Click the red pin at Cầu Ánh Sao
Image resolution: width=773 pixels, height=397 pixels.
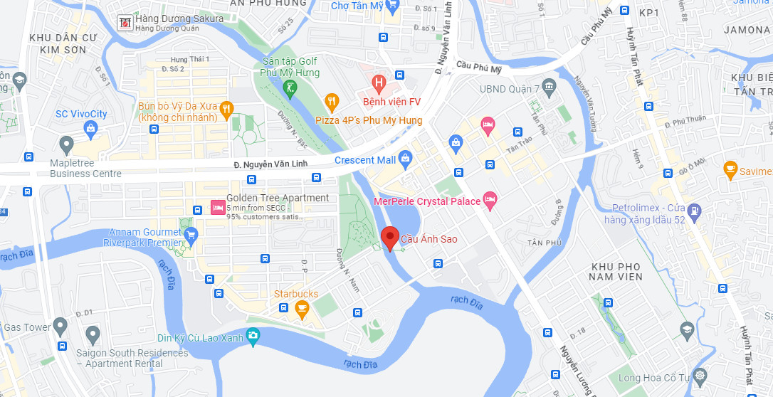tap(389, 237)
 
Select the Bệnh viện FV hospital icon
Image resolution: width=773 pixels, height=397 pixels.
tap(379, 85)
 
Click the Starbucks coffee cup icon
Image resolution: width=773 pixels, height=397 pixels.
tap(302, 307)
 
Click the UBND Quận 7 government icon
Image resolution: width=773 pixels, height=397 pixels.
tap(549, 88)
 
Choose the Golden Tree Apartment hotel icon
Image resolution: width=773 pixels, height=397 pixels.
tap(217, 208)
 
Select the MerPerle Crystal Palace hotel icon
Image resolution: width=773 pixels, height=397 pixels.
tap(490, 200)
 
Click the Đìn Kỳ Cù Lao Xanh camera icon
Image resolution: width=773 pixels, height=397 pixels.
tap(253, 335)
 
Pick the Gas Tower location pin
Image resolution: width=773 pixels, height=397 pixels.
tap(60, 327)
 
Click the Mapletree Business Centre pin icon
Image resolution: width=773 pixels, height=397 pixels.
tap(67, 145)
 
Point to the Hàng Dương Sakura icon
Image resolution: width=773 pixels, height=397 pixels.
tap(125, 23)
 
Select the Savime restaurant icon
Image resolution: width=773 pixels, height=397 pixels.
tap(730, 170)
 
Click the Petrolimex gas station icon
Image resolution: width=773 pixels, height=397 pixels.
tap(695, 211)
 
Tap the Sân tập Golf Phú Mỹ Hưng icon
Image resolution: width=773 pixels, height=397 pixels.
tap(290, 89)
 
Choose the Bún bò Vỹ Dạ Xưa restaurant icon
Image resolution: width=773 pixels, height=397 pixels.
tap(226, 108)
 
